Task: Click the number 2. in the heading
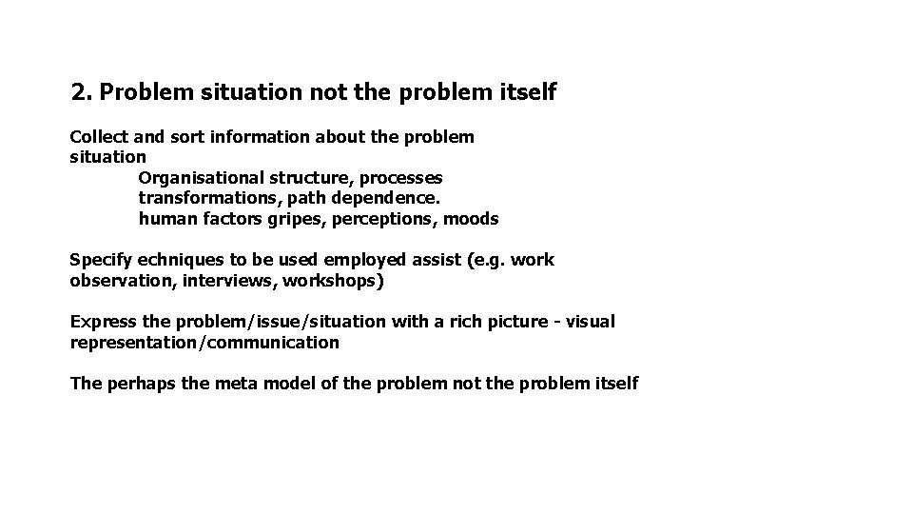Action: click(x=82, y=92)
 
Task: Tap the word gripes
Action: click(x=267, y=219)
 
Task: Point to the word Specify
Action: click(x=100, y=260)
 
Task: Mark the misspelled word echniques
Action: click(x=180, y=260)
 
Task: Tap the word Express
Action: click(x=102, y=322)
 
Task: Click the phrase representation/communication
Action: click(x=204, y=342)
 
